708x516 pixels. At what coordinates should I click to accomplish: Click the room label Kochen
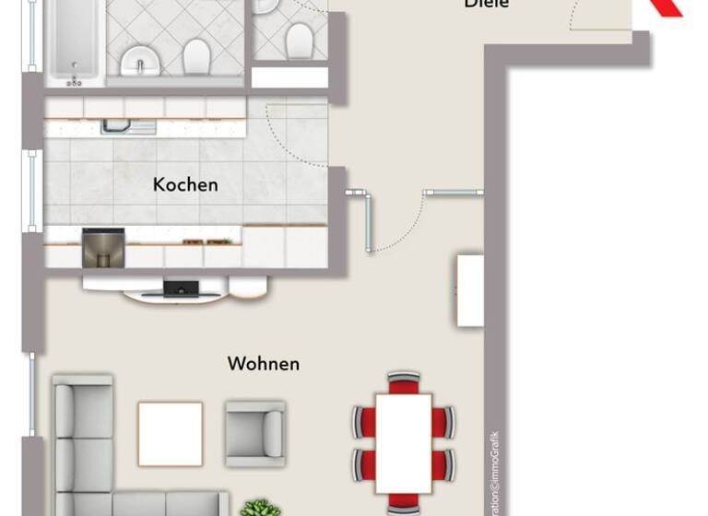185,184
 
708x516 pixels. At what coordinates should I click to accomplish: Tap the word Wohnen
263,364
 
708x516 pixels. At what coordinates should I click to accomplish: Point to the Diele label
488,5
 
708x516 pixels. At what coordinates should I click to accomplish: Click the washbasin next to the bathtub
139,61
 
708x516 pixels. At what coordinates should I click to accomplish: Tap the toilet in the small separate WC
297,41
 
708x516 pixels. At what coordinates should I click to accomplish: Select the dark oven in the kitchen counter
102,248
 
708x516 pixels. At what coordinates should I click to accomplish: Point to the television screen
180,289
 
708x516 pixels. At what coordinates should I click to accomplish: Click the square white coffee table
170,433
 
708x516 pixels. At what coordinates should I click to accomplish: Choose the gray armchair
254,428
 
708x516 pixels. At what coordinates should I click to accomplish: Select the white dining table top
403,442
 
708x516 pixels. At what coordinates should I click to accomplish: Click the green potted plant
260,508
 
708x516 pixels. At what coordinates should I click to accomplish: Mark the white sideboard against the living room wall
470,290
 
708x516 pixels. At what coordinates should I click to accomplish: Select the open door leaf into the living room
369,222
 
